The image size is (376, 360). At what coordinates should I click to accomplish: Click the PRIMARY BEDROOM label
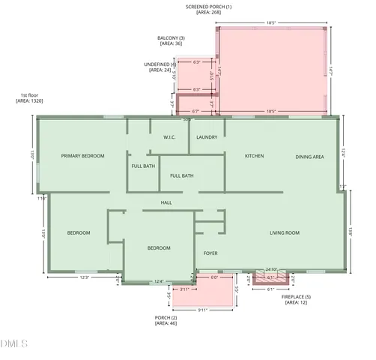82,156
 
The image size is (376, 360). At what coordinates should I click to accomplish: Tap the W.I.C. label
169,137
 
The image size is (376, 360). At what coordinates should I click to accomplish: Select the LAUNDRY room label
207,137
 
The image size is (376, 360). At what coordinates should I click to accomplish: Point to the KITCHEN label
255,156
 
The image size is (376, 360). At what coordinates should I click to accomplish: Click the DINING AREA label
309,157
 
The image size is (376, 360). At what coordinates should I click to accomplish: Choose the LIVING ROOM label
285,233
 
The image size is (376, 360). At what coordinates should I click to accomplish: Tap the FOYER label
210,253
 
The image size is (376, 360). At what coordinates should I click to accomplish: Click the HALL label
167,202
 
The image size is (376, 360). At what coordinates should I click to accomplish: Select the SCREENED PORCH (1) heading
208,7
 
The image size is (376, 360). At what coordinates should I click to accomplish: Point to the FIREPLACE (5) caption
296,298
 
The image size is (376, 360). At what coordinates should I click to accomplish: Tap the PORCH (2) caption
166,318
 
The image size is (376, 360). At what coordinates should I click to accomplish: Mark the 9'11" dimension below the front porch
202,310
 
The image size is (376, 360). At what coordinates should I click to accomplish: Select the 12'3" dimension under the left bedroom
84,277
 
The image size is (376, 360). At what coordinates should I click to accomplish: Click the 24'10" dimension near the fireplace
271,269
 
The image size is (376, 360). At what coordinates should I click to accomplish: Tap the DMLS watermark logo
14,343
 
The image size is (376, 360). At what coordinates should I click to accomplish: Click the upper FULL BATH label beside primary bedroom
143,166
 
